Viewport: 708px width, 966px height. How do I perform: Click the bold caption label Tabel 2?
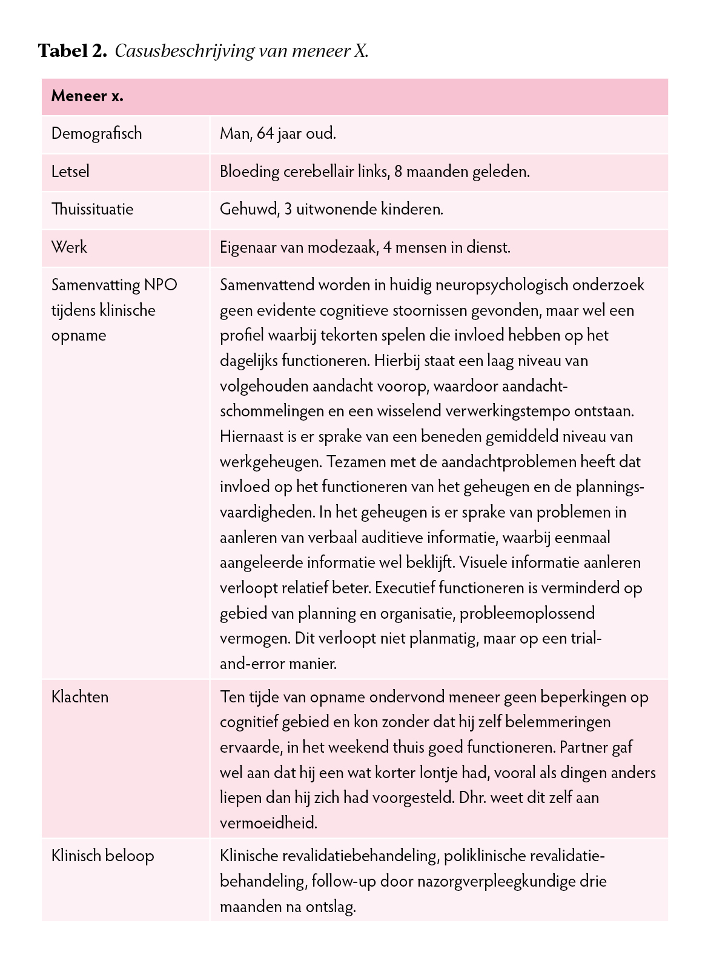coord(72,50)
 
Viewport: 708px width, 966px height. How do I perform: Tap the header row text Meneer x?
coord(87,96)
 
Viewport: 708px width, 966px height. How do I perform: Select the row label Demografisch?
coord(96,133)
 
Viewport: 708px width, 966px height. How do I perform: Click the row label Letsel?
coord(70,172)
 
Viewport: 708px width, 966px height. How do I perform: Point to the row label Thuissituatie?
coord(92,209)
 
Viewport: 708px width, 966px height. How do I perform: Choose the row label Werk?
coord(69,247)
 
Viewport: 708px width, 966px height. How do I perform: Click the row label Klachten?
coord(80,697)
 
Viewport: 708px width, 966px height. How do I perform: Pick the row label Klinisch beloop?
coord(102,856)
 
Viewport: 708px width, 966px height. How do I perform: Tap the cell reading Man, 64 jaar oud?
coord(277,133)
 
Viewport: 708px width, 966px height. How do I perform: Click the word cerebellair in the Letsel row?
coord(319,172)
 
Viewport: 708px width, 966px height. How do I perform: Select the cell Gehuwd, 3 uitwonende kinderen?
coord(331,209)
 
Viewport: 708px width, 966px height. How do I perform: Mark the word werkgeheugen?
coord(270,462)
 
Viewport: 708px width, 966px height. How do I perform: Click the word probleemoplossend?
coord(527,613)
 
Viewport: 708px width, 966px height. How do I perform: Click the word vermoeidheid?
coord(268,823)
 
